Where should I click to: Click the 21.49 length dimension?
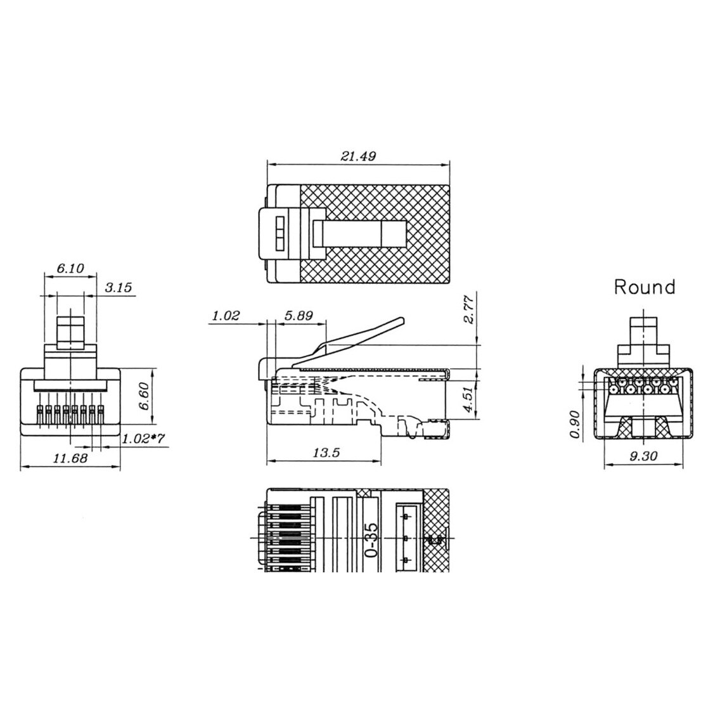click(358, 156)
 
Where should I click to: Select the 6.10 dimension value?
click(70, 269)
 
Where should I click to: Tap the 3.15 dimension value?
click(118, 288)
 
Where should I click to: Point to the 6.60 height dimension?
click(145, 397)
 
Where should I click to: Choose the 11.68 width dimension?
click(70, 458)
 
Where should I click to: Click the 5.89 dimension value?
click(299, 315)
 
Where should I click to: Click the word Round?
click(644, 287)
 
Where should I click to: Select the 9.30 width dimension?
click(644, 456)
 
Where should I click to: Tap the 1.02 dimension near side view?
click(226, 315)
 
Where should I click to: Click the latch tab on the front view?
click(70, 331)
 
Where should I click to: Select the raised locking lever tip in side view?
click(396, 323)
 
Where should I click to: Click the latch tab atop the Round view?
click(644, 333)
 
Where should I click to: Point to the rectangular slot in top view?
click(359, 234)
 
